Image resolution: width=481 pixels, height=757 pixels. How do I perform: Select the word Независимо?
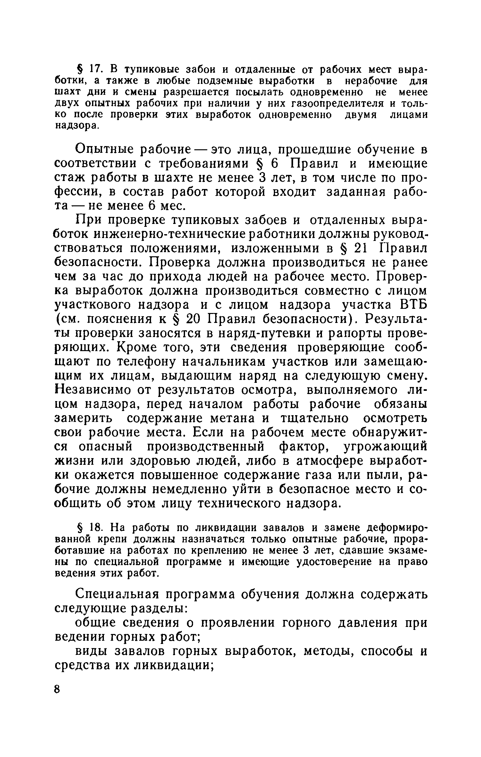point(91,390)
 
